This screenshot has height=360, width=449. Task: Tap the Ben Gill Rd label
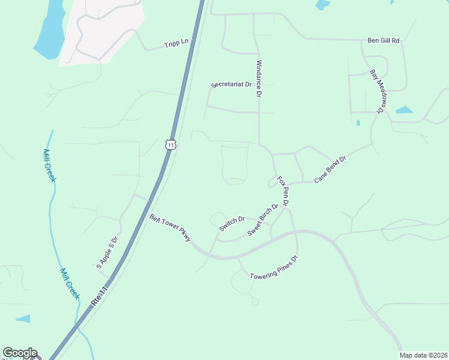tap(383, 41)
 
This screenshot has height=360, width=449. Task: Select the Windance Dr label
tap(259, 79)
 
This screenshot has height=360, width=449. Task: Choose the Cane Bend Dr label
tap(330, 169)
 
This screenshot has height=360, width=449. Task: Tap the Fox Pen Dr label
tap(283, 191)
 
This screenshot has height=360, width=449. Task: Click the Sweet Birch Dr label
tap(263, 219)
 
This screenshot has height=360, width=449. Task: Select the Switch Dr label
tap(232, 224)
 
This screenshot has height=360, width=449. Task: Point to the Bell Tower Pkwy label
tap(170, 228)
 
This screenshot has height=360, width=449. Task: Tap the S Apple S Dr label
tap(107, 252)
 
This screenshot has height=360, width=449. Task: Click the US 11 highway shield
tap(171, 145)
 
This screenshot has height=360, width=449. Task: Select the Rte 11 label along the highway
tap(100, 297)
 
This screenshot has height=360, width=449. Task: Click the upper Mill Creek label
tap(50, 166)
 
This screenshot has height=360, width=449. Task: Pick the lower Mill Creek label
tap(70, 283)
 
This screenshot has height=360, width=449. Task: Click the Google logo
tap(20, 353)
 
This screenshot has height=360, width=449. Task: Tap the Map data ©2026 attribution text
tap(423, 355)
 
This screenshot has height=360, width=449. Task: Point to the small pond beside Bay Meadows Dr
tap(404, 110)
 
